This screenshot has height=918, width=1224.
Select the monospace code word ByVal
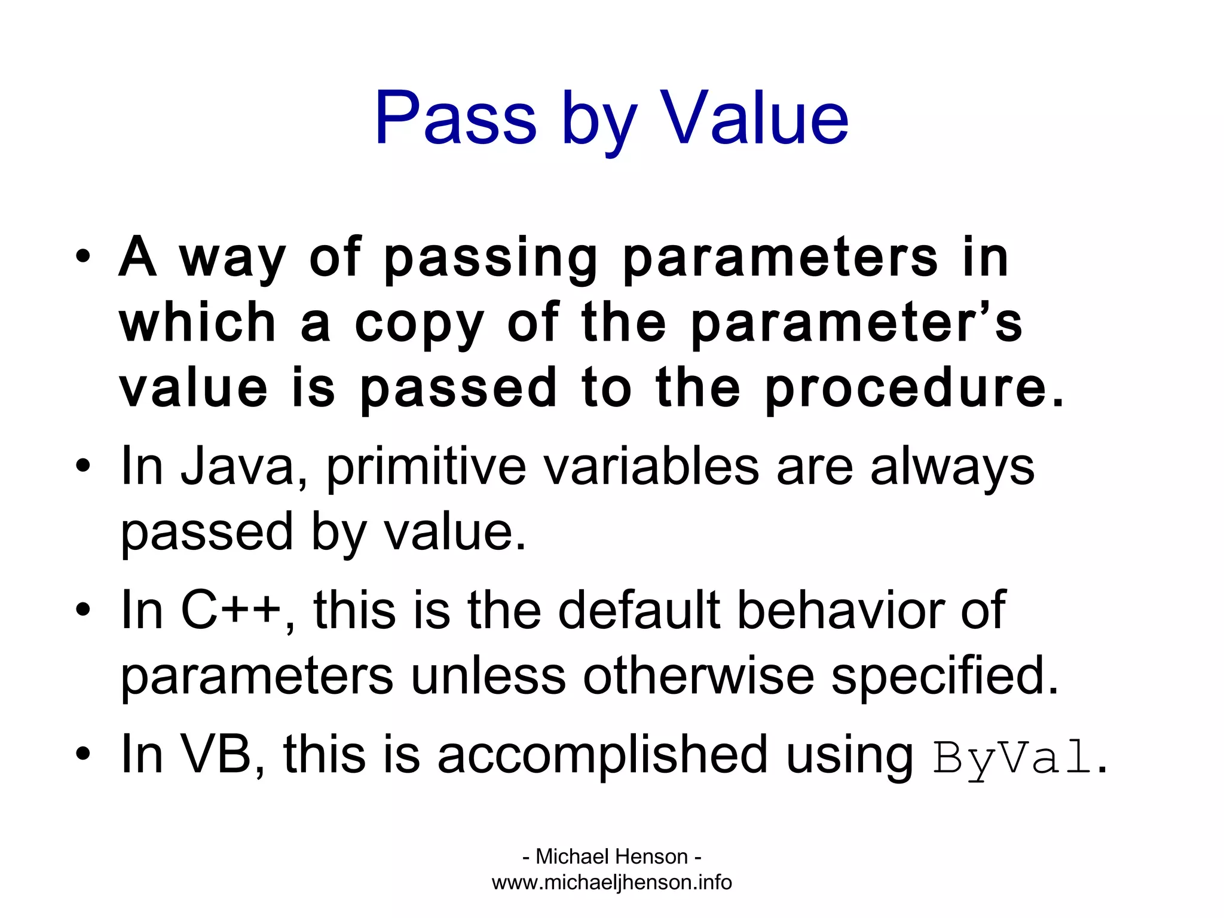1012,758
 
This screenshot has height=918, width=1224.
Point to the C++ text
231,610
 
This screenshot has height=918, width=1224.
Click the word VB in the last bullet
216,754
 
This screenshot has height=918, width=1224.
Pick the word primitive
426,468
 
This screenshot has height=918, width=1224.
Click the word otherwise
698,677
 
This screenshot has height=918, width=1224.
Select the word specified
944,678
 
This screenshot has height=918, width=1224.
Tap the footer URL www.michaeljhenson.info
611,882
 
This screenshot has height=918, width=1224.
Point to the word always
952,468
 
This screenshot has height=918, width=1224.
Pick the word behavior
841,610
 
